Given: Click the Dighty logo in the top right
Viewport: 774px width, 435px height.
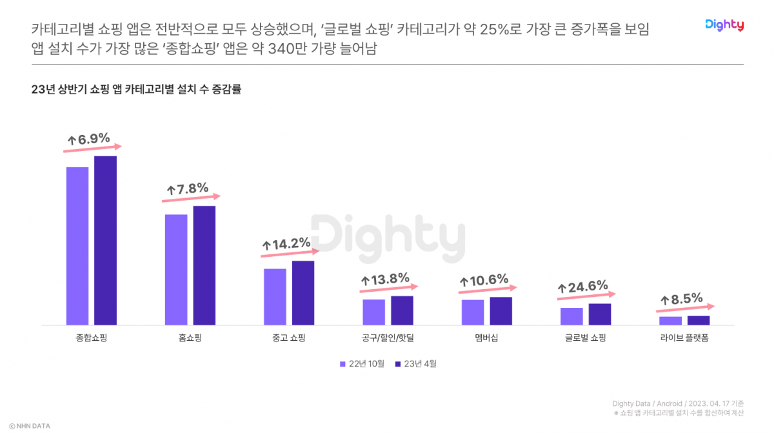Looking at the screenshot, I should point(724,25).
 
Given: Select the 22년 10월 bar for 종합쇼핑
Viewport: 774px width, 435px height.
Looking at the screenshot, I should point(77,246).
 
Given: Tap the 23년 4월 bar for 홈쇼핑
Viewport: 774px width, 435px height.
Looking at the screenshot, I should point(204,265).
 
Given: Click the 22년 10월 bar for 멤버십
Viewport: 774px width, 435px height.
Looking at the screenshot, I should point(473,312).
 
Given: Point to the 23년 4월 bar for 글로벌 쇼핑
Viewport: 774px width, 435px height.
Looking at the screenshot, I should point(599,314).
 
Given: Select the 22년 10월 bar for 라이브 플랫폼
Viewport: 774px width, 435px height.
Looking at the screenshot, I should point(670,321).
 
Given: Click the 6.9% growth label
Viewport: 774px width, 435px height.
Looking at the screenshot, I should point(90,139).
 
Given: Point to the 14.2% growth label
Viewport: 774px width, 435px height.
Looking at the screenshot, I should point(286,245).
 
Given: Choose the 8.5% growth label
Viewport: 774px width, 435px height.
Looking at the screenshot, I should point(681,299).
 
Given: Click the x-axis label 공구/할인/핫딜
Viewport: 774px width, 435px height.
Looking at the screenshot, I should point(388,338).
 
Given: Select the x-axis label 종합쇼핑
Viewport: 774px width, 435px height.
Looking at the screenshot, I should point(91,338).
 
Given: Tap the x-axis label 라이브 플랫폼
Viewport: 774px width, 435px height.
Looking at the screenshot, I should point(684,338).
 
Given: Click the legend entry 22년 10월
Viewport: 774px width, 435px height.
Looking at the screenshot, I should point(362,364).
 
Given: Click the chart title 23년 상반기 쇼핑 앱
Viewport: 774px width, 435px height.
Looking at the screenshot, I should point(135,90).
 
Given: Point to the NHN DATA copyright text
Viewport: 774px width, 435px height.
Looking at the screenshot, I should point(30,426).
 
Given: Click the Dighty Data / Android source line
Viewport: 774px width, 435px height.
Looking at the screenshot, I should point(677,404).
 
